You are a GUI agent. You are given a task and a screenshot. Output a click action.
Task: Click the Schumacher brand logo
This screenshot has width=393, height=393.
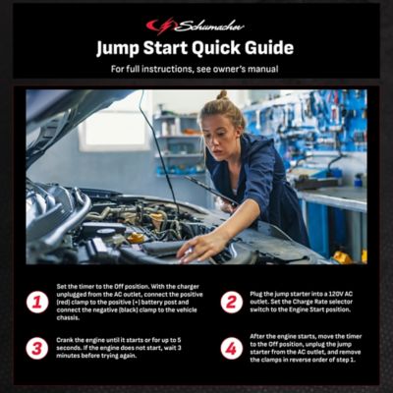pyautogui.click(x=196, y=26)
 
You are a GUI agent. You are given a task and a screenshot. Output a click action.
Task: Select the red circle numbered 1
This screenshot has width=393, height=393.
pyautogui.click(x=37, y=302)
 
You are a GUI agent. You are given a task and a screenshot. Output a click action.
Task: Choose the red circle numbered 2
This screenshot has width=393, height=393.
pyautogui.click(x=232, y=302)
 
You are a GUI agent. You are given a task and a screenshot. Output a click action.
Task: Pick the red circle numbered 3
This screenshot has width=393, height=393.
pyautogui.click(x=37, y=349)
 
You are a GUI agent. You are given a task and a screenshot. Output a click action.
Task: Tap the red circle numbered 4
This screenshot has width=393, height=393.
pyautogui.click(x=232, y=349)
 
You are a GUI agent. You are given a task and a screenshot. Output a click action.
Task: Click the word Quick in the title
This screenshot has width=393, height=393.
pyautogui.click(x=197, y=48)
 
